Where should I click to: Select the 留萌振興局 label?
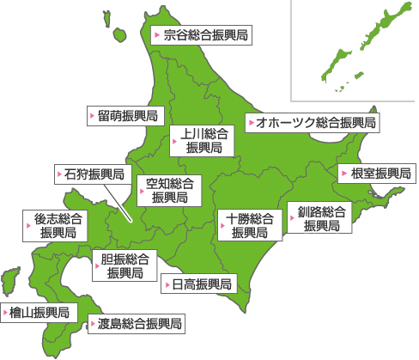(x=126, y=115)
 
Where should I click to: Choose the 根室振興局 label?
(x=375, y=174)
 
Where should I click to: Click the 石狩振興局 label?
(x=94, y=174)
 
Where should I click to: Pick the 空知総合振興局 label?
(x=168, y=190)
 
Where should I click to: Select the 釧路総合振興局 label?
(x=321, y=219)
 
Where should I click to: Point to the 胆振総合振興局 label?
(x=124, y=266)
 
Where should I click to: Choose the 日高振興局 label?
(x=197, y=284)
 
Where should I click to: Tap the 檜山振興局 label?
(x=39, y=312)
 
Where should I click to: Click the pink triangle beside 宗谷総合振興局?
(x=156, y=35)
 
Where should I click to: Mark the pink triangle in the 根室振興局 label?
(x=344, y=174)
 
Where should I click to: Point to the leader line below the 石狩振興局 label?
(x=120, y=203)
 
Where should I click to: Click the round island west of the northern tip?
(x=118, y=35)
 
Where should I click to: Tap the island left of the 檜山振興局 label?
(x=10, y=280)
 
